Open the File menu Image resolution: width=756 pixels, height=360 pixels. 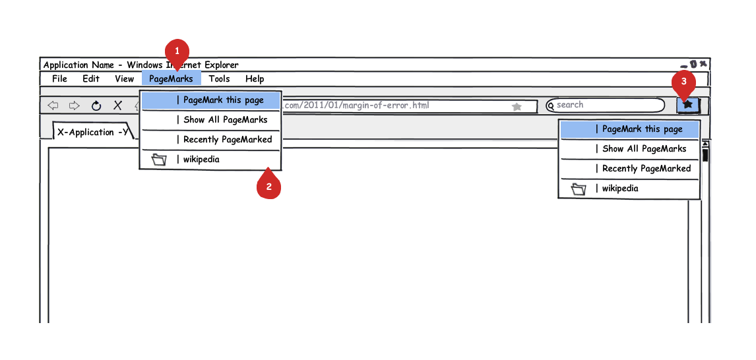pos(59,78)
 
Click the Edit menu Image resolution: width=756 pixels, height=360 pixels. pos(90,78)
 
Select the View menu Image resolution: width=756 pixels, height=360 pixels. pos(125,78)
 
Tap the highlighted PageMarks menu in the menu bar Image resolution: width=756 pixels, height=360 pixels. pos(171,78)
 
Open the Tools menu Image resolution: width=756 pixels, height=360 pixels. pos(219,78)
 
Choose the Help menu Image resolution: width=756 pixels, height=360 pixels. pos(255,78)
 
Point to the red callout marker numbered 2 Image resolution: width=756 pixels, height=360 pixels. pos(268,185)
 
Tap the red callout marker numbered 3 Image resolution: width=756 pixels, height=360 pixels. pos(683,83)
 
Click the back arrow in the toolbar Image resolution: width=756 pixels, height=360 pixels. pos(53,105)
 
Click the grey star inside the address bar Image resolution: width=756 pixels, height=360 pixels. pos(517,107)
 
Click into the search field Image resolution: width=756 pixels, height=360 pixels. pos(605,105)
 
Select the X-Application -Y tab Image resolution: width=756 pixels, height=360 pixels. pos(92,132)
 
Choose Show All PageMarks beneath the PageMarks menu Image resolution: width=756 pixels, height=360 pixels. pos(225,120)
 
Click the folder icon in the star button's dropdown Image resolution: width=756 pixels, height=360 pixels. pos(578,189)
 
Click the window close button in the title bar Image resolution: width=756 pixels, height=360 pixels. pos(703,63)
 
